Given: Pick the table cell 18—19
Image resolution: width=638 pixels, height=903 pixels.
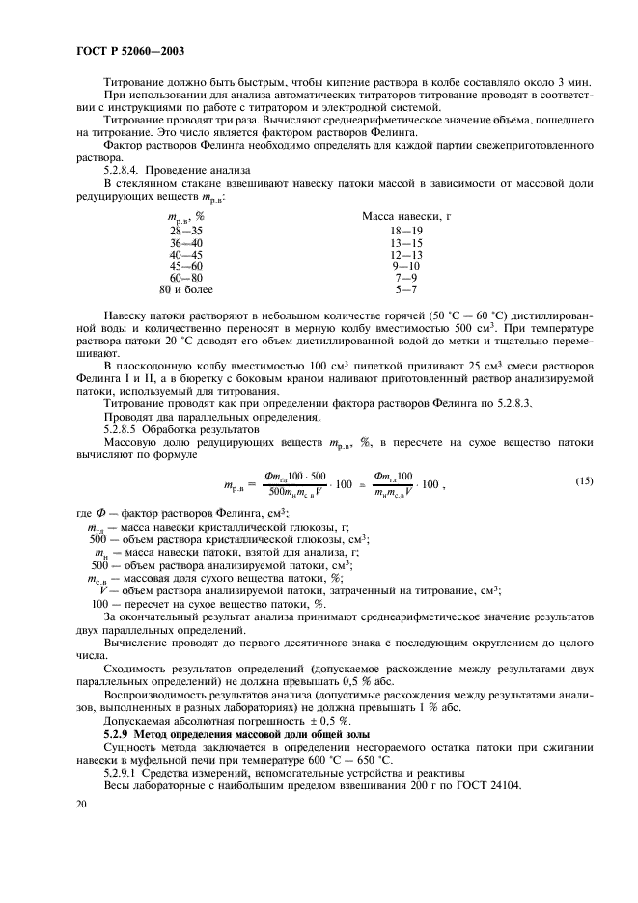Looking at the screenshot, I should coord(405,232).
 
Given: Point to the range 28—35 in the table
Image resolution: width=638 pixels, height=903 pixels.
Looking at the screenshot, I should coord(185,232).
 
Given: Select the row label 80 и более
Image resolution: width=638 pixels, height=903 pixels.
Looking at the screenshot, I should coord(185,289).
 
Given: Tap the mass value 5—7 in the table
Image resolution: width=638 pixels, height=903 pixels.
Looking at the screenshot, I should coord(405,289).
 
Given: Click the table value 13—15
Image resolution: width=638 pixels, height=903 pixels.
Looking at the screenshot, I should coord(405,243).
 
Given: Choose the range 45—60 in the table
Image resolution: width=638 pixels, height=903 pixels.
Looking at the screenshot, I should coord(185,266).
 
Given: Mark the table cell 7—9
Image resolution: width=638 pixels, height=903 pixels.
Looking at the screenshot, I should coord(405,278).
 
